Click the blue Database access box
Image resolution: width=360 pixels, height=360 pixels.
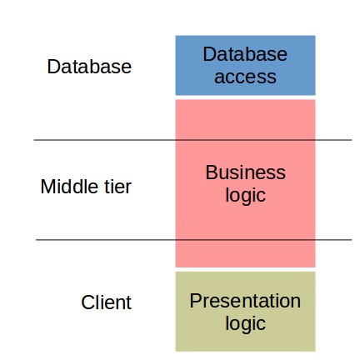[x=245, y=65]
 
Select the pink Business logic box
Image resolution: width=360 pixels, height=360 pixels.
[x=245, y=183]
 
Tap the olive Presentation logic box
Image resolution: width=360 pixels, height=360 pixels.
[x=245, y=312]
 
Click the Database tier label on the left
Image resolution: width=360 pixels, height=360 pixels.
[x=89, y=67]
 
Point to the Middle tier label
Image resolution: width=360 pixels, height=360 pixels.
[x=86, y=186]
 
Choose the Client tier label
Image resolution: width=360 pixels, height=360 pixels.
[x=106, y=302]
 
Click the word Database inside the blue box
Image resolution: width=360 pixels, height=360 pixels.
[x=245, y=54]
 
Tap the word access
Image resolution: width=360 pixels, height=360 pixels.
[x=245, y=77]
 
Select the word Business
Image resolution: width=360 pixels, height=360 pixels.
[x=246, y=172]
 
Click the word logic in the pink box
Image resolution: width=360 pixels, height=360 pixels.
[x=246, y=196]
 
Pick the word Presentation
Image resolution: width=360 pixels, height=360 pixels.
[x=245, y=301]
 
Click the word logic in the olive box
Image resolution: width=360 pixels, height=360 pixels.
[x=246, y=324]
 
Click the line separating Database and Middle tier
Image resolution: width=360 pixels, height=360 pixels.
[x=192, y=140]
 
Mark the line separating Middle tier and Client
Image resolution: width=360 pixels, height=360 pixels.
[x=194, y=239]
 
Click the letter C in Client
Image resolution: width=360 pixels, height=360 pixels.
[x=87, y=302]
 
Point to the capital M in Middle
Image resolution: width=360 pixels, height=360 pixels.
[x=47, y=187]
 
